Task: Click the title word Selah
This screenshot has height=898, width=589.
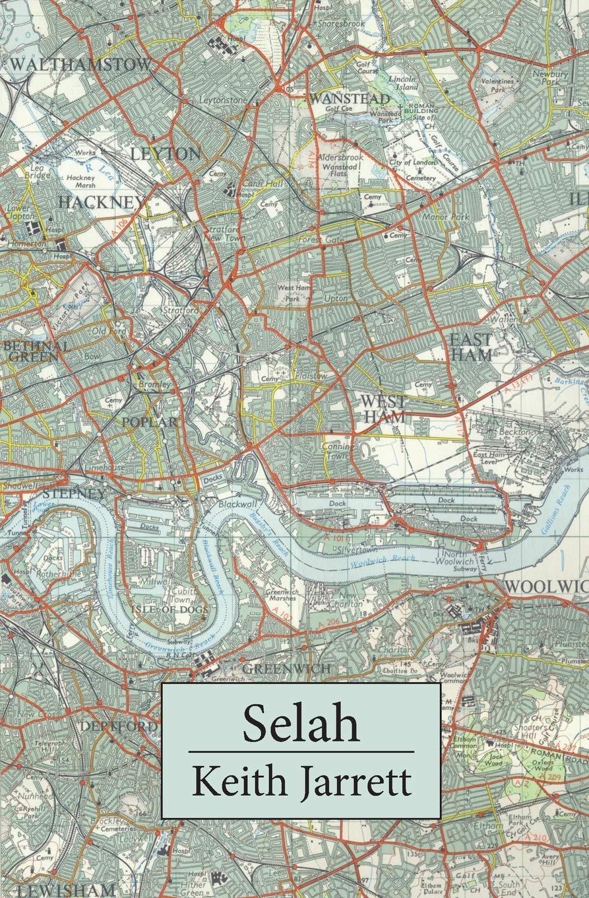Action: point(301,723)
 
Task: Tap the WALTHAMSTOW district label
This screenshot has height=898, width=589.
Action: point(80,64)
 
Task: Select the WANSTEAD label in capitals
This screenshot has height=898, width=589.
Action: point(350,98)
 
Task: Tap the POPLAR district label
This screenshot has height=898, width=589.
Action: point(149,422)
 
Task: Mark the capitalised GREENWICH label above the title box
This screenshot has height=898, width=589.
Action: point(286,669)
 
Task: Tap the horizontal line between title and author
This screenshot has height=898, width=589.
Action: point(301,751)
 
